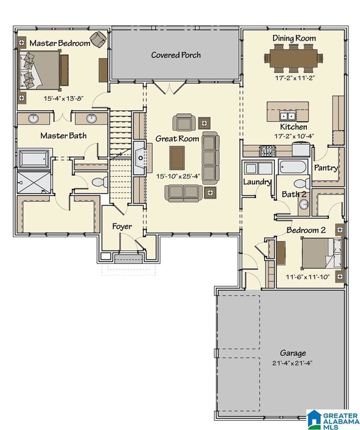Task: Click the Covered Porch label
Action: (x=176, y=55)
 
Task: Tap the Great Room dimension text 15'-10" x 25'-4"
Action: (x=178, y=176)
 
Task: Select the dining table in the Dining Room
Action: (x=294, y=58)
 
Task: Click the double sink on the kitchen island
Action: (x=287, y=116)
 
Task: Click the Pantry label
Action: (x=326, y=168)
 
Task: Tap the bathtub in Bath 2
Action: (x=293, y=167)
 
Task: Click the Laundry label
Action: (x=257, y=182)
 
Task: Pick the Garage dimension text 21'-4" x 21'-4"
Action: (x=292, y=363)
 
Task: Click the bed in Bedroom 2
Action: (x=322, y=254)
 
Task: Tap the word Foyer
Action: (x=122, y=227)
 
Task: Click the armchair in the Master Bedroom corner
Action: (x=98, y=39)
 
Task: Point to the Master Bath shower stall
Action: (x=34, y=182)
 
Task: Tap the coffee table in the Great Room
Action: (x=177, y=158)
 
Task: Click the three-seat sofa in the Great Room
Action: (x=210, y=158)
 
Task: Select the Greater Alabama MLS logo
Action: (x=333, y=419)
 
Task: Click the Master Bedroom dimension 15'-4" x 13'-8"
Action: (x=63, y=99)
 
